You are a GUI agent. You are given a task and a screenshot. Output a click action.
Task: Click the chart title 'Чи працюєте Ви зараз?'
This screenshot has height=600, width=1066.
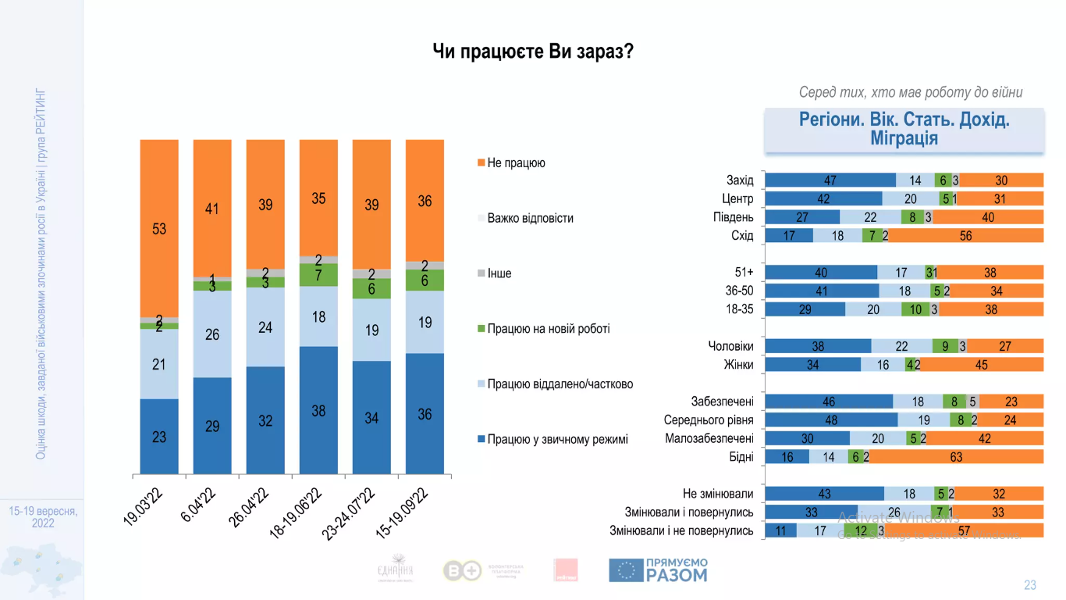coord(533,52)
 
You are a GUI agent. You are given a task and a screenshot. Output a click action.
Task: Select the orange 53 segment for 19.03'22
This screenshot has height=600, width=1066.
coord(159,229)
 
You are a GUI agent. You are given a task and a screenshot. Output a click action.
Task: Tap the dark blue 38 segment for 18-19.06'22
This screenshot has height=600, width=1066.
coord(318,409)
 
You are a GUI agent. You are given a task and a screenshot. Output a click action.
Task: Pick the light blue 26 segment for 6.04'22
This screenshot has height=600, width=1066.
coord(212,334)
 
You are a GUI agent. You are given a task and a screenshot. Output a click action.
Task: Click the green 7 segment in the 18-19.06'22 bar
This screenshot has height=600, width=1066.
coord(318,275)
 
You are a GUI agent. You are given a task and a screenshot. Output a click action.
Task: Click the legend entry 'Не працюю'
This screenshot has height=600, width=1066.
coord(516,163)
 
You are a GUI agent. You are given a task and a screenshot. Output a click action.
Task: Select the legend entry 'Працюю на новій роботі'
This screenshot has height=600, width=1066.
coord(548,329)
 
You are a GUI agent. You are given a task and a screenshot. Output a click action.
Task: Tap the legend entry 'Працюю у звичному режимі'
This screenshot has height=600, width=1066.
coord(557,439)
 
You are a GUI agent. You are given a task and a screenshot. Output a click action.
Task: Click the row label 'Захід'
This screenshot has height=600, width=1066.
coord(740,180)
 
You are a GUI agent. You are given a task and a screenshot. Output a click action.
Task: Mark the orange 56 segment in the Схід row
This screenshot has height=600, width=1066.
coord(966,236)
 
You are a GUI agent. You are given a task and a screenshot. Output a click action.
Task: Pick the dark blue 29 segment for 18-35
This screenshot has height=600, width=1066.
coord(805,309)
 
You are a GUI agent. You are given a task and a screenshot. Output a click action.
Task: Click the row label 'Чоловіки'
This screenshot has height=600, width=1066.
coord(730,346)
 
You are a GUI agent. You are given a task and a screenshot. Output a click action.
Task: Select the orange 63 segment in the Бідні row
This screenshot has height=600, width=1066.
coord(956,457)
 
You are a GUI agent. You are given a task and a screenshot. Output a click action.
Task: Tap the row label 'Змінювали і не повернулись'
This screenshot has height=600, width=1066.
coord(681,531)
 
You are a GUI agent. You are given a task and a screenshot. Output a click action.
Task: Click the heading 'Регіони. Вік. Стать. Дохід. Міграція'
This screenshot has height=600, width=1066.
coord(904,130)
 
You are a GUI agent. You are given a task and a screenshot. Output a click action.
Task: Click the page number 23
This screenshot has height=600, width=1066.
coord(1030,585)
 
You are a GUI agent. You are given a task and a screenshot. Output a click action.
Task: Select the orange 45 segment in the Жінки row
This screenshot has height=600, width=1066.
coord(981,365)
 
